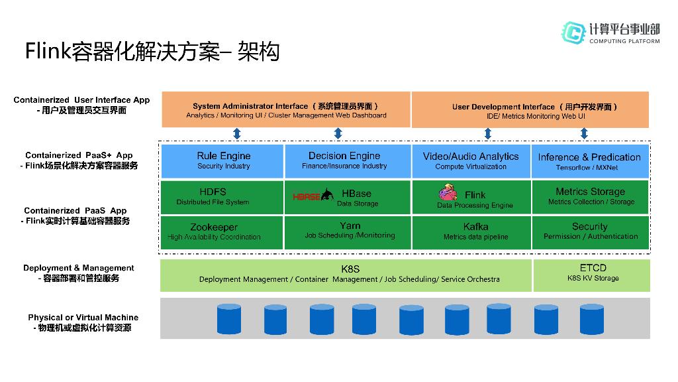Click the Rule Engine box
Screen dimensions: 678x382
click(x=222, y=161)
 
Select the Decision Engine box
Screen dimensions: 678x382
click(x=348, y=161)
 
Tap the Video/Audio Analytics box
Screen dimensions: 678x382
click(x=471, y=161)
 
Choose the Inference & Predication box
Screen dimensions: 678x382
click(x=590, y=161)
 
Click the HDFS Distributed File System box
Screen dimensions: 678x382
click(x=222, y=197)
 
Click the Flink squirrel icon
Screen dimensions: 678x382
click(x=448, y=192)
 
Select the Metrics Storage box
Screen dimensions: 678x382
click(x=590, y=197)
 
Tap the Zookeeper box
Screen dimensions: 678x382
click(x=222, y=233)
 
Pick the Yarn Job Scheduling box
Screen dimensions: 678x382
click(x=348, y=233)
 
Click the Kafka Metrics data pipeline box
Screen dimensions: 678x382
click(x=471, y=233)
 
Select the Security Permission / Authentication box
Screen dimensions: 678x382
click(x=590, y=233)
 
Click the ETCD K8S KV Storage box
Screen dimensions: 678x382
click(x=592, y=275)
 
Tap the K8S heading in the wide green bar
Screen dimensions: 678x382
click(x=350, y=269)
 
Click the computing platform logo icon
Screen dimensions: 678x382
click(x=573, y=32)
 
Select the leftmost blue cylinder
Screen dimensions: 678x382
click(x=228, y=319)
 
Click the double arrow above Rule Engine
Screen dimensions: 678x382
click(x=237, y=133)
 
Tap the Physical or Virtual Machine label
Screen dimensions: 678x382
click(x=83, y=318)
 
